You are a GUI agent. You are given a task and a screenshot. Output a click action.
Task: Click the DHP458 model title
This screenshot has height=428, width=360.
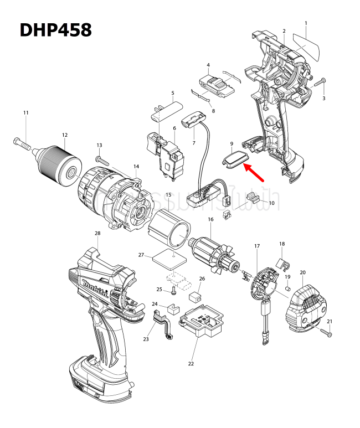pos(55,29)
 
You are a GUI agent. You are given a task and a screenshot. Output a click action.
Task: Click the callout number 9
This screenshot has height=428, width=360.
pos(232,144)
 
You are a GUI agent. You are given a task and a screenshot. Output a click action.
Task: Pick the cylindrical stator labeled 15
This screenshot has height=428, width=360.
pos(171,228)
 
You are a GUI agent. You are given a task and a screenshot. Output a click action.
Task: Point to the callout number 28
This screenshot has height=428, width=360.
pos(97,233)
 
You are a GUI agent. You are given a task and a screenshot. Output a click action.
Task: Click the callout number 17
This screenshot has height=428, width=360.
pos(257,245)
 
